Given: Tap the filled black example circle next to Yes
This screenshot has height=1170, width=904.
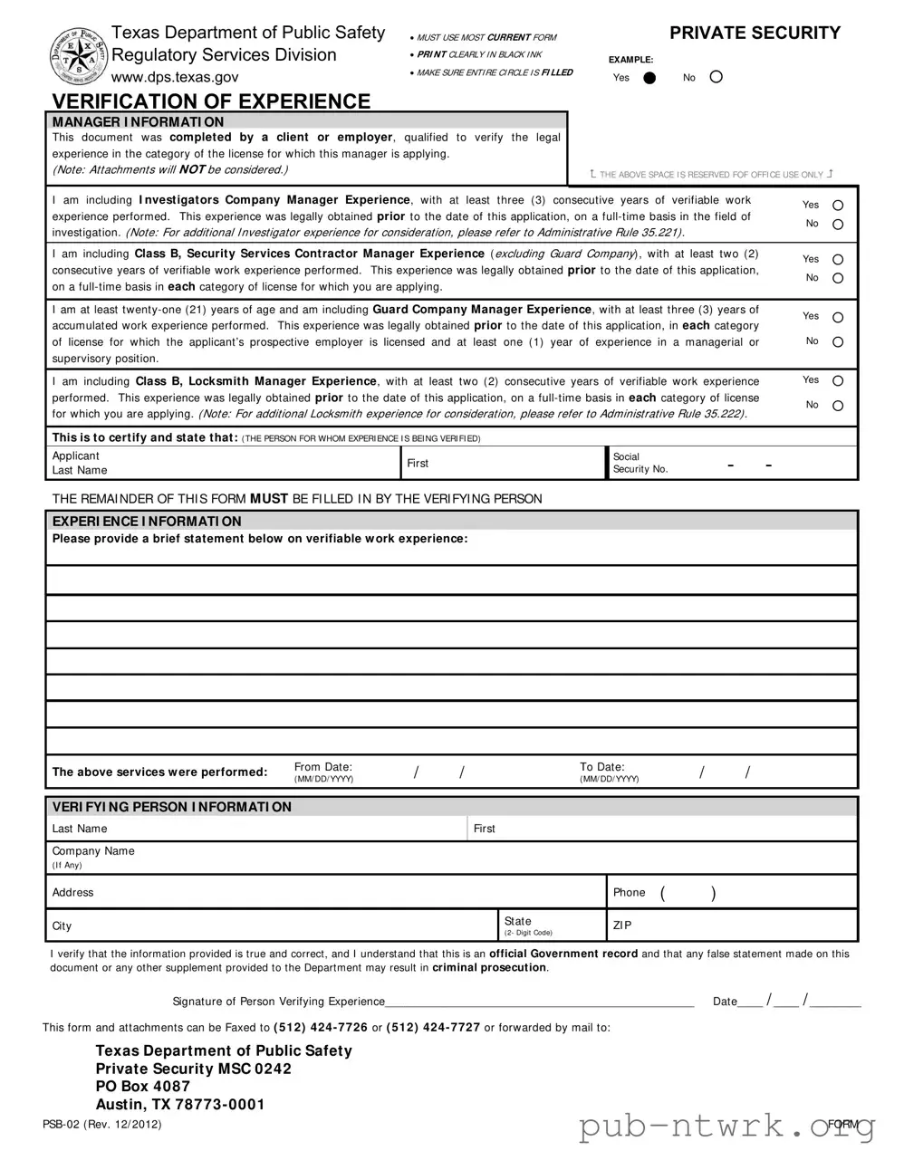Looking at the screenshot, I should pyautogui.click(x=649, y=78).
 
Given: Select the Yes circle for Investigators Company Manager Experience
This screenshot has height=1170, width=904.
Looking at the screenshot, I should pyautogui.click(x=838, y=206).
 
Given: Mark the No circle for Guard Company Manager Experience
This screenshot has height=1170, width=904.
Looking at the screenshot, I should pyautogui.click(x=838, y=342).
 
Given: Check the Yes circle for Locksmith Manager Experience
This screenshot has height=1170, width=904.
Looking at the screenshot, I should pyautogui.click(x=838, y=381).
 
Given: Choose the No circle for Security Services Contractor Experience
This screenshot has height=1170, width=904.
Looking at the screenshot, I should pyautogui.click(x=838, y=279).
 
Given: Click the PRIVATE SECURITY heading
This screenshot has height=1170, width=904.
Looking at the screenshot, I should pyautogui.click(x=755, y=34).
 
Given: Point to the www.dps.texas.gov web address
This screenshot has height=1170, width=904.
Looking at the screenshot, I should pyautogui.click(x=175, y=78).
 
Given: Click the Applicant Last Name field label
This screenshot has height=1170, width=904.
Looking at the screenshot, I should pyautogui.click(x=79, y=463).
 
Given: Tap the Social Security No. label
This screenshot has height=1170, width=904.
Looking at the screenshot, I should pyautogui.click(x=640, y=463).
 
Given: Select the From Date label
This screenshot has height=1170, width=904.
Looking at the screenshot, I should pyautogui.click(x=323, y=767).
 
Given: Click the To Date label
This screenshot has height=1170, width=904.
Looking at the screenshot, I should pyautogui.click(x=602, y=767).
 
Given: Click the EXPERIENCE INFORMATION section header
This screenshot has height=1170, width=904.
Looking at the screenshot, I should pyautogui.click(x=147, y=522).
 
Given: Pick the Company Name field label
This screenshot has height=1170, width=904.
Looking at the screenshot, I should pyautogui.click(x=93, y=851).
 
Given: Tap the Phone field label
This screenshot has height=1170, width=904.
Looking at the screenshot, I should pyautogui.click(x=629, y=893).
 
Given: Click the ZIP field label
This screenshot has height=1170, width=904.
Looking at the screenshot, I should pyautogui.click(x=622, y=925).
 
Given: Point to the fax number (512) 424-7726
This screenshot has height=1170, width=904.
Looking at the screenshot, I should pyautogui.click(x=321, y=1027).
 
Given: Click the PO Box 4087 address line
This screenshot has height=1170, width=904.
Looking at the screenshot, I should pyautogui.click(x=143, y=1087).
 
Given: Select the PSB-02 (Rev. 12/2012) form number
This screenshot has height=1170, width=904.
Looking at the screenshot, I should pyautogui.click(x=101, y=1124).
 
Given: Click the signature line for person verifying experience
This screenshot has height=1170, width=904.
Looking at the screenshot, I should pyautogui.click(x=539, y=1002).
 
